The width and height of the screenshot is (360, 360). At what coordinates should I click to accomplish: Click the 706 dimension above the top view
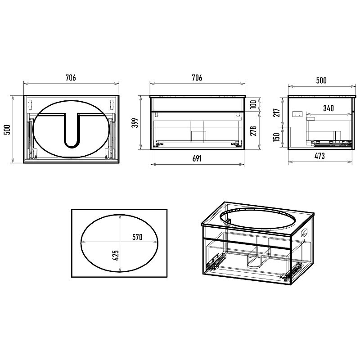pos(71,77)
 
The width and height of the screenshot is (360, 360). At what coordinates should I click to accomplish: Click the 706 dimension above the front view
pos(197,77)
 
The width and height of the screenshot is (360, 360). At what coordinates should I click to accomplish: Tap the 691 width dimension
pos(197,158)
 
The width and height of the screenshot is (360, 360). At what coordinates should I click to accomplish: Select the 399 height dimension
pos(135,123)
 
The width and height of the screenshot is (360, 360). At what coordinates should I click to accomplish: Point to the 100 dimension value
pos(253,105)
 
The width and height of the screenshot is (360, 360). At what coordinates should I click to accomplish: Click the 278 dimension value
pos(253,130)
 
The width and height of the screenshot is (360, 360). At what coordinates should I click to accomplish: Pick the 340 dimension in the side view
pos(328,108)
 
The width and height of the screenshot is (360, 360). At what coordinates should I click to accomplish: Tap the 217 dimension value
pos(277,112)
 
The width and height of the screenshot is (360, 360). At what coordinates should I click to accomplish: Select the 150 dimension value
pos(277,137)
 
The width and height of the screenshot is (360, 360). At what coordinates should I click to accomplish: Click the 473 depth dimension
pos(319,156)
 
